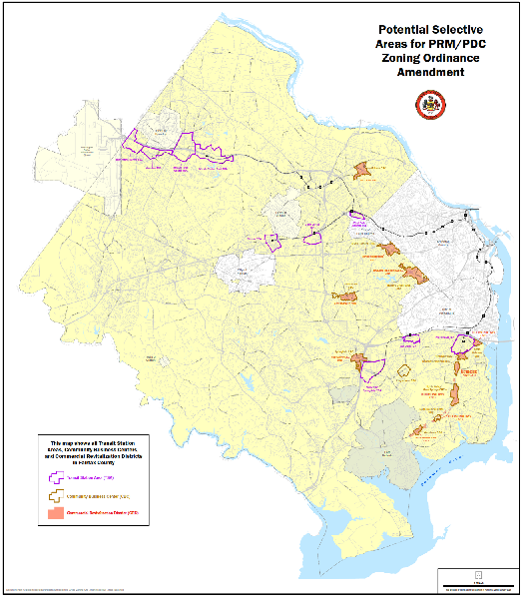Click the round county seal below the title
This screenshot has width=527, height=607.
432,103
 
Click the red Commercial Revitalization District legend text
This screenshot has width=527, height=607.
100,513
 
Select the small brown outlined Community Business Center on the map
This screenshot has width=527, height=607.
404,370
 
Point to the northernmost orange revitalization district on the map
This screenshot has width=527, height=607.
361,170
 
